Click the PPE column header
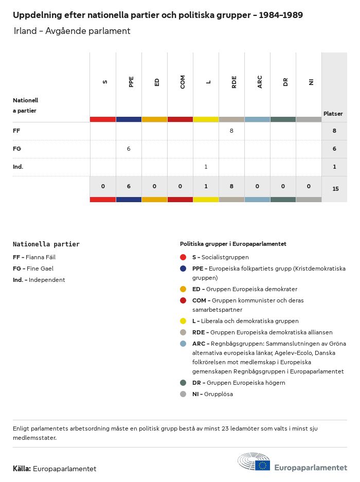(131, 81)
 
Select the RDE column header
(234, 81)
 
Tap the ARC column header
(260, 81)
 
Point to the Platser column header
(333, 114)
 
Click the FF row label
(16, 131)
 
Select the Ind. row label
(18, 167)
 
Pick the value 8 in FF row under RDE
(231, 131)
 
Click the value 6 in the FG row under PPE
(129, 149)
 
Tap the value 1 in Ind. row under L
(206, 167)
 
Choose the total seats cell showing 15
(335, 189)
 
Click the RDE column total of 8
(231, 186)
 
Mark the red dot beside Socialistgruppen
(183, 257)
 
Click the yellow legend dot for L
(183, 321)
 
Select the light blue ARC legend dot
(183, 344)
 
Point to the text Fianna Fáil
(41, 257)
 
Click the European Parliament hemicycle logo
(254, 462)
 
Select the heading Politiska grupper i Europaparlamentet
(233, 244)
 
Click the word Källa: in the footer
(22, 469)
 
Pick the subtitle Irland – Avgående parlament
(72, 31)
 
